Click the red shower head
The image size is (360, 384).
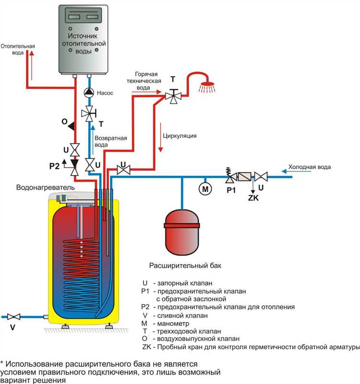pos(207,86)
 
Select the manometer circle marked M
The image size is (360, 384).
pos(205,189)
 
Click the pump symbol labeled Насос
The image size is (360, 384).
pos(89,92)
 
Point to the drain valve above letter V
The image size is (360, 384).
pos(14,316)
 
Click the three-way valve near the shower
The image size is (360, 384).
pos(172,95)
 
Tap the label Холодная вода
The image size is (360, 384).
pos(309,167)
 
